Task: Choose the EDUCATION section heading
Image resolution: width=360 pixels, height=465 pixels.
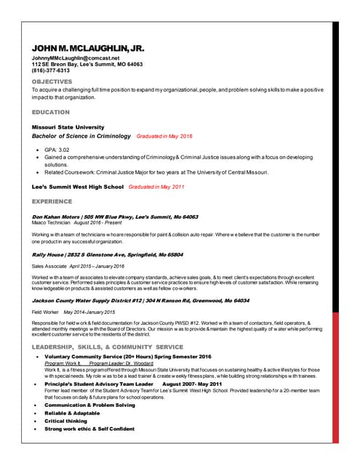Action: tap(51, 113)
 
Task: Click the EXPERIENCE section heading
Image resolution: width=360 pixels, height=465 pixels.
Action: tap(52, 201)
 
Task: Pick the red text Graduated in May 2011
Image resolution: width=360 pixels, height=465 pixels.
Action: tap(156, 187)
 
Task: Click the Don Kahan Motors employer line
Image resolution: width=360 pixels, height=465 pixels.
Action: tap(115, 217)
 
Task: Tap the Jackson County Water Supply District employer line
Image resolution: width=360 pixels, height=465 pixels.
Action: tap(140, 300)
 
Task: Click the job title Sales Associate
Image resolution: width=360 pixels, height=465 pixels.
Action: tap(49, 267)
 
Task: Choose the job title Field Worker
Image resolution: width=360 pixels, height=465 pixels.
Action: tap(46, 312)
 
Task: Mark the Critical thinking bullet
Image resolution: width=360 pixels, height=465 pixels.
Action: tap(65, 421)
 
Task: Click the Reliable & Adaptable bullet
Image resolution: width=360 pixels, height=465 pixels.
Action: tap(71, 413)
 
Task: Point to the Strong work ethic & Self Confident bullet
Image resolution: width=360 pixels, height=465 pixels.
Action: tap(89, 429)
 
